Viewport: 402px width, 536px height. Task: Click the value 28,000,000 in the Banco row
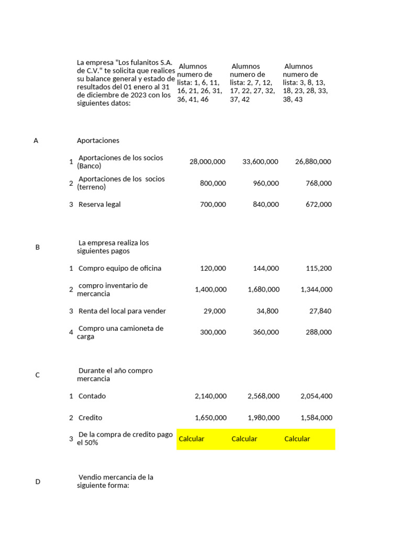(207, 162)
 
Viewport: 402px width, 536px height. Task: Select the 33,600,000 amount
(260, 162)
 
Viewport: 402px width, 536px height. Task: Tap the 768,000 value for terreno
(318, 183)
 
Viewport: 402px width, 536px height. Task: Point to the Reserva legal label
(99, 204)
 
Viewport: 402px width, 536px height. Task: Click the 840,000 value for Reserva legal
(266, 204)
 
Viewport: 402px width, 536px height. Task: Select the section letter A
(36, 140)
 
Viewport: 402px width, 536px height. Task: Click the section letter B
(37, 247)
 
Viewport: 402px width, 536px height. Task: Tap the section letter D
(37, 482)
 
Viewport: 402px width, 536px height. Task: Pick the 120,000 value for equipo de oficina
(213, 268)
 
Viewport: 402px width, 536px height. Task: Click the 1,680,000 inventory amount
(263, 289)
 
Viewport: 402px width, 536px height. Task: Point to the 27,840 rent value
(320, 311)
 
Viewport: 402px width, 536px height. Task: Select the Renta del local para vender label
(122, 311)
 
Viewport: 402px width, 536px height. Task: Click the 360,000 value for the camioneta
(266, 332)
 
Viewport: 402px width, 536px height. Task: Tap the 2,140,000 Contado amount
(210, 396)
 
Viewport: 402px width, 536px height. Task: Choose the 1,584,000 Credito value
(316, 418)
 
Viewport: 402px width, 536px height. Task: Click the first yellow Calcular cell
(192, 439)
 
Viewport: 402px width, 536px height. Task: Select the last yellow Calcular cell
(297, 439)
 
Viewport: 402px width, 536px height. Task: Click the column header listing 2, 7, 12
(252, 83)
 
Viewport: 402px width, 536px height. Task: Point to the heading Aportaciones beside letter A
(98, 140)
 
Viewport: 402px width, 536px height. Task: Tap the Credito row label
(90, 418)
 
